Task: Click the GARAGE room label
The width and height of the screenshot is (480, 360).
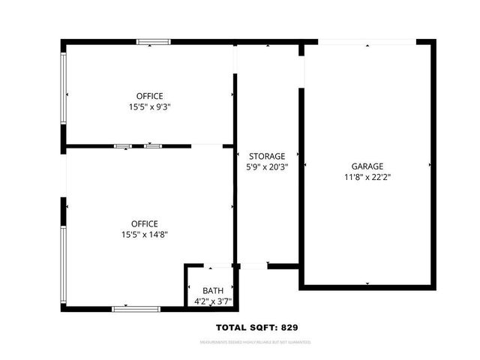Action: pyautogui.click(x=367, y=166)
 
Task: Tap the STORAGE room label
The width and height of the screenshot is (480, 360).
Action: pyautogui.click(x=268, y=156)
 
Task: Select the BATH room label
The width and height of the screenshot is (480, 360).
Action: pyautogui.click(x=213, y=291)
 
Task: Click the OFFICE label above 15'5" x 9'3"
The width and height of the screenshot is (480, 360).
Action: pyautogui.click(x=149, y=96)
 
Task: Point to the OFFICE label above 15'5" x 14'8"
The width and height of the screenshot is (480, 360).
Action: pyautogui.click(x=144, y=223)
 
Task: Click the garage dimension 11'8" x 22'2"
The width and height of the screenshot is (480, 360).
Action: pyautogui.click(x=367, y=178)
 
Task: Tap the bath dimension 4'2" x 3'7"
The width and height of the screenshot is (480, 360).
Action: pyautogui.click(x=213, y=301)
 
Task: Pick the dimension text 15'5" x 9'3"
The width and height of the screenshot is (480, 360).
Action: pyautogui.click(x=149, y=107)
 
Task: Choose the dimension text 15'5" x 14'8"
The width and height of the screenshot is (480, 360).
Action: pyautogui.click(x=144, y=235)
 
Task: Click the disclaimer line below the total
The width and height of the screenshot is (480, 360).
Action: pyautogui.click(x=255, y=343)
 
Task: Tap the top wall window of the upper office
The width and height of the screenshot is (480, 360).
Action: pyautogui.click(x=153, y=42)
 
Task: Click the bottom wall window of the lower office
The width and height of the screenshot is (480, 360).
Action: pyautogui.click(x=136, y=308)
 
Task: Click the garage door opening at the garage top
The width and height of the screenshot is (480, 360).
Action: pyautogui.click(x=367, y=42)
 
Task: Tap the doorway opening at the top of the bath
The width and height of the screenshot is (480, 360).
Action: pyautogui.click(x=219, y=265)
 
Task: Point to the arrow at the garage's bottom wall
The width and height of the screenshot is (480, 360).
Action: pyautogui.click(x=367, y=283)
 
